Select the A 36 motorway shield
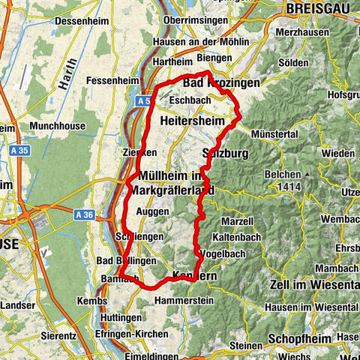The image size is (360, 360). click(x=83, y=214)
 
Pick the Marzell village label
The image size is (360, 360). click(x=237, y=223)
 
